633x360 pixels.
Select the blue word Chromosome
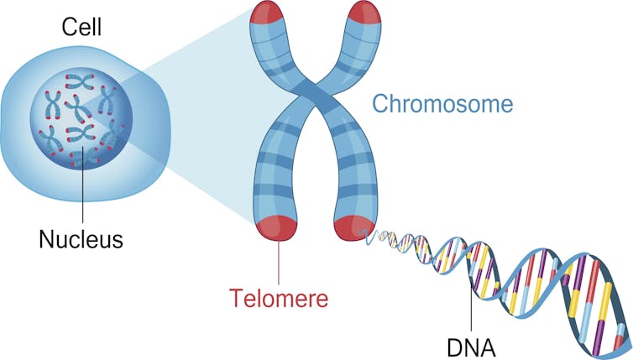[x=442, y=105]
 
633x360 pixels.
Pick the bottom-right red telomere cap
[x=350, y=227]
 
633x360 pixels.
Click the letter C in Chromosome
[x=379, y=105]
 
